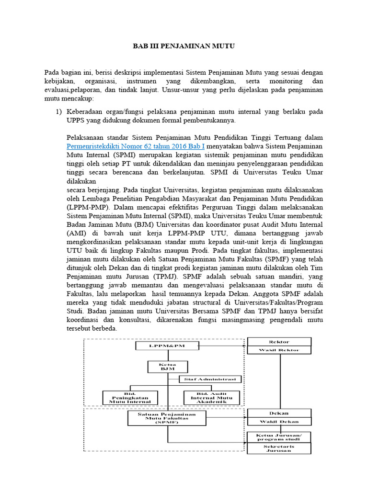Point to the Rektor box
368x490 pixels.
click(279, 341)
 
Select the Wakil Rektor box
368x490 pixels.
click(279, 350)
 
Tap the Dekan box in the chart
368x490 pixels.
click(279, 413)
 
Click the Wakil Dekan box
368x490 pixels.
click(279, 422)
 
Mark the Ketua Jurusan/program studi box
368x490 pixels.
click(279, 436)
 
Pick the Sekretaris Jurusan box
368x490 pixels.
click(279, 448)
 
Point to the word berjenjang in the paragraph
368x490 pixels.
click(100, 189)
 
